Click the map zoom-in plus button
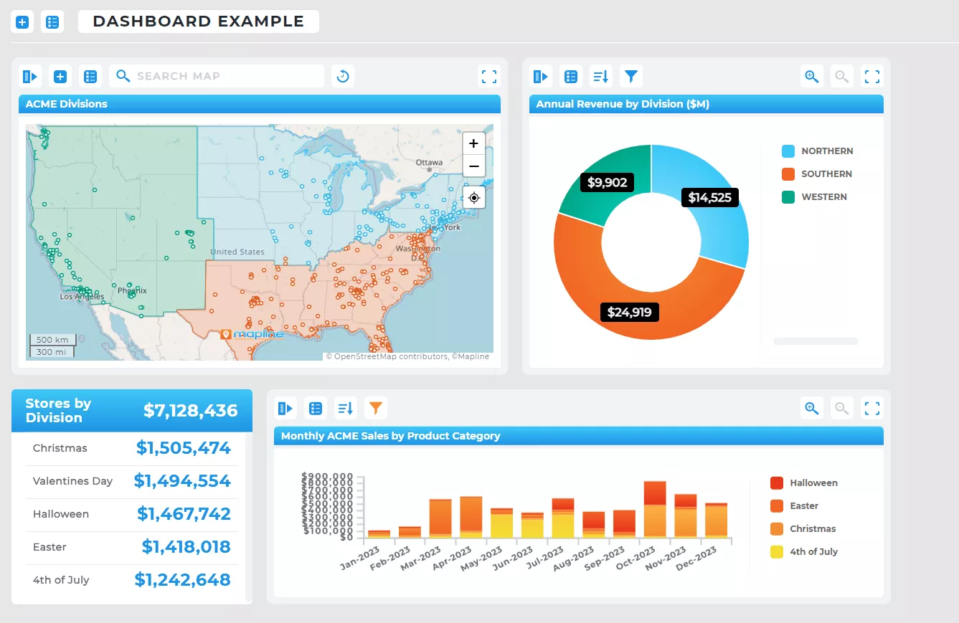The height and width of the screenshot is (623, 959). [x=473, y=143]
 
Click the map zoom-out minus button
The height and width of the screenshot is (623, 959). [x=473, y=166]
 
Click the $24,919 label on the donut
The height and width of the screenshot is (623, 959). [x=629, y=312]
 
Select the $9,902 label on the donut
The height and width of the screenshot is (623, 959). [x=607, y=182]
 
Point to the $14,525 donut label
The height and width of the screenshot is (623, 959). [x=709, y=197]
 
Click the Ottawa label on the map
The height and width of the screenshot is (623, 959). [x=429, y=162]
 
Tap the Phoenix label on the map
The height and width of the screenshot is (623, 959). [x=132, y=290]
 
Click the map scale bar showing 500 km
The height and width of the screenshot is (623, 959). [x=52, y=340]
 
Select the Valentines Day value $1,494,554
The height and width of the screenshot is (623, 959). [x=182, y=481]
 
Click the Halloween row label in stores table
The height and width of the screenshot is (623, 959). [x=61, y=514]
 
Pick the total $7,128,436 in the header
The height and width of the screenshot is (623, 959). [x=191, y=410]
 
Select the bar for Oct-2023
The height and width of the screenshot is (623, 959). [x=654, y=509]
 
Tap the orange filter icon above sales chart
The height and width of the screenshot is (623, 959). [x=376, y=409]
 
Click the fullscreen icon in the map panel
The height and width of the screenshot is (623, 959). [x=489, y=76]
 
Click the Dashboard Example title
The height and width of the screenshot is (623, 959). [x=199, y=22]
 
